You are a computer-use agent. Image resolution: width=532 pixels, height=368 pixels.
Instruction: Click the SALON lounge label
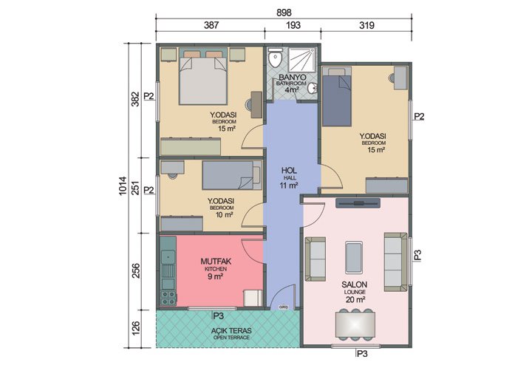[x=355, y=284]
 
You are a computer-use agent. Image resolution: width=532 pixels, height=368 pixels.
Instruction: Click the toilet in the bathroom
[x=276, y=58]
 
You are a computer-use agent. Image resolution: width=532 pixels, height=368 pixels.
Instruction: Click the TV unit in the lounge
[x=355, y=202]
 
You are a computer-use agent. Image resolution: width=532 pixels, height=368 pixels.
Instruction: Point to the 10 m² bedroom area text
[x=221, y=215]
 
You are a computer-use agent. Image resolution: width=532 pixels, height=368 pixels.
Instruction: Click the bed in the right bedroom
[x=338, y=99]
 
